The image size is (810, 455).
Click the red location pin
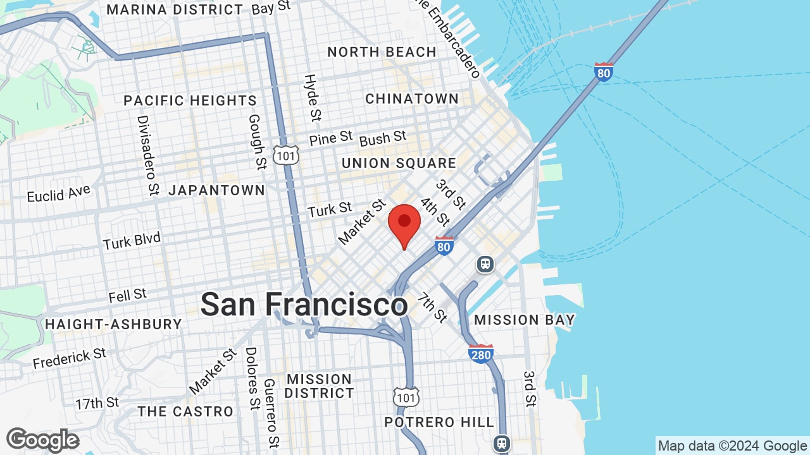[x=404, y=224]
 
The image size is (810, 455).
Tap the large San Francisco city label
[x=304, y=305]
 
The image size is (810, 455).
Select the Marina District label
[x=175, y=9]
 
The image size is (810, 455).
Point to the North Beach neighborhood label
[x=382, y=52]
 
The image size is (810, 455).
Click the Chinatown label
[x=411, y=99]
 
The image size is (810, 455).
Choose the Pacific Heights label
[x=190, y=100]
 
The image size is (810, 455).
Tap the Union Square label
[x=399, y=163]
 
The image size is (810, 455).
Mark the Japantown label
[x=216, y=190]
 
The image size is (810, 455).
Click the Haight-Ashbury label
[x=113, y=324]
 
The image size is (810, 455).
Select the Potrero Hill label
[x=440, y=422]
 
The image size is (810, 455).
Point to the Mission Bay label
[x=525, y=320]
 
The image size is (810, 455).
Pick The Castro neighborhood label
[x=185, y=411]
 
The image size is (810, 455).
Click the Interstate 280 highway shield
[x=481, y=353]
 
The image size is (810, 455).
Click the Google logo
[x=43, y=440]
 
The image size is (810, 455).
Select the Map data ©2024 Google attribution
[x=732, y=446]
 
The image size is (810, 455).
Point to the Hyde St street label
[x=311, y=97]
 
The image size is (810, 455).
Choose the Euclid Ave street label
[x=59, y=193]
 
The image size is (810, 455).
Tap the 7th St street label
[x=432, y=307]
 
